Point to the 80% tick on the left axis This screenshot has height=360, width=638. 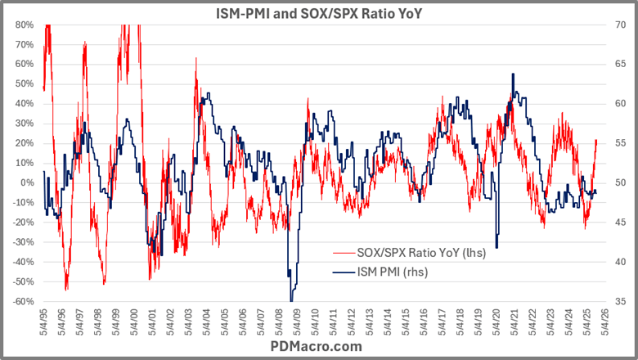pyautogui.click(x=22, y=25)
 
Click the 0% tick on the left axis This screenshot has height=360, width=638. pyautogui.click(x=25, y=182)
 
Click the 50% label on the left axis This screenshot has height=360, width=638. pyautogui.click(x=22, y=83)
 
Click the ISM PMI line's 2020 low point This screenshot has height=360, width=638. pyautogui.click(x=496, y=248)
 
